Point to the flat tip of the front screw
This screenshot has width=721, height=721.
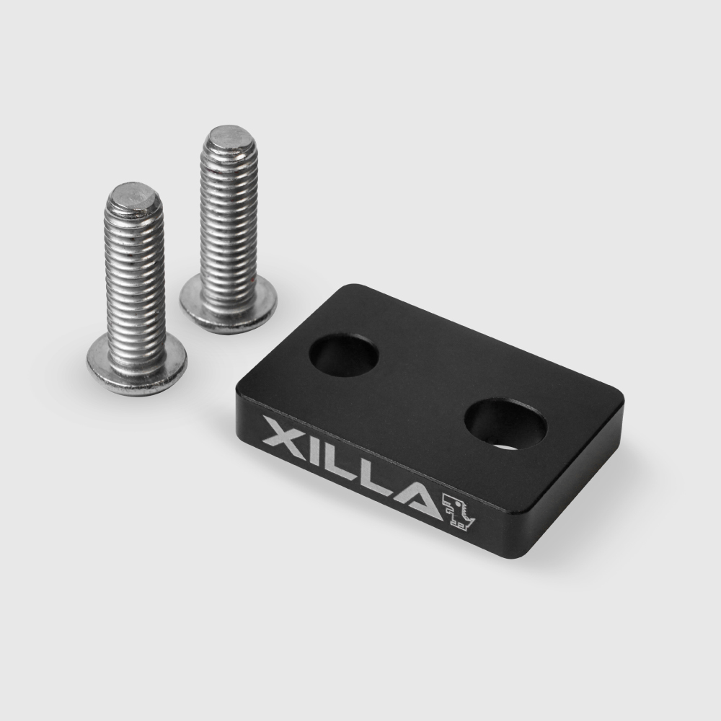133,195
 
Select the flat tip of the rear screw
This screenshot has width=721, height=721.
229,137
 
